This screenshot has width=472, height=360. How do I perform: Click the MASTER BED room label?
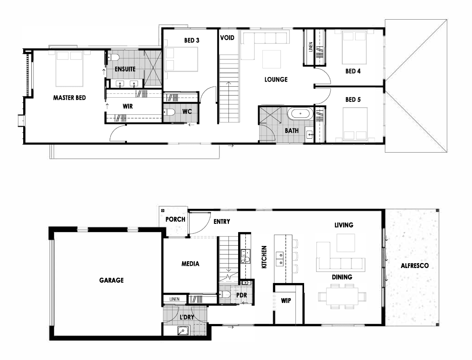click(x=70, y=98)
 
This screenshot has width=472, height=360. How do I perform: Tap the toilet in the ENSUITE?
click(x=113, y=57)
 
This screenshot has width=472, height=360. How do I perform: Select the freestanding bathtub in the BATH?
click(x=301, y=114)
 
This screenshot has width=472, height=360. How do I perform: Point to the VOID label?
click(x=227, y=38)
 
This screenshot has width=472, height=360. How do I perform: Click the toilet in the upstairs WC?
click(x=169, y=112)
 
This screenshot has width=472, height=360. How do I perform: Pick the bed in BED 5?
click(x=355, y=124)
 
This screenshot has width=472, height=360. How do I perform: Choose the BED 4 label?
click(x=353, y=71)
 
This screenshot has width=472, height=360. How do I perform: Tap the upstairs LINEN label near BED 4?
click(x=311, y=47)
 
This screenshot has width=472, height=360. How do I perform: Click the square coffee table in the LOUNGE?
click(x=271, y=59)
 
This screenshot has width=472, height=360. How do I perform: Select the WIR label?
click(x=128, y=106)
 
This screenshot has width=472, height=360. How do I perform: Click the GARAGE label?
click(x=111, y=280)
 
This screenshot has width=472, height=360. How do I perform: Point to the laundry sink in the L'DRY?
click(x=183, y=330)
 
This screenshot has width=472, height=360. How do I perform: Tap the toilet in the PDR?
click(x=225, y=294)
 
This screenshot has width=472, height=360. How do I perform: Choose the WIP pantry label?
click(x=286, y=301)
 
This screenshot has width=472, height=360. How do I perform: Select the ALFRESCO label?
click(x=415, y=266)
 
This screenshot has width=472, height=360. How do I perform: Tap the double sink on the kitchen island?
click(x=280, y=259)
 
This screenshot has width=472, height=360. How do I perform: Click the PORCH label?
click(x=175, y=220)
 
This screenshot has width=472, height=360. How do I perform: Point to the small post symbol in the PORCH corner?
click(x=163, y=211)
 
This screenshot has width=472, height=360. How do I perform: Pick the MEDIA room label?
click(x=190, y=264)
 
